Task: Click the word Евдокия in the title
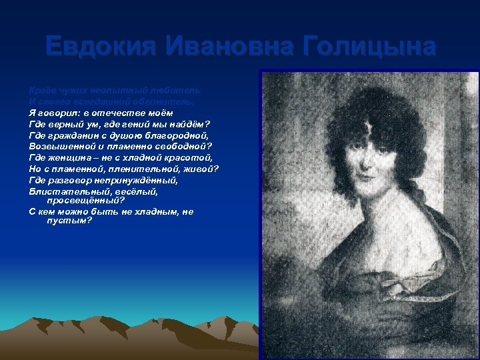tap(99, 47)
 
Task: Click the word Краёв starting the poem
tap(41, 89)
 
